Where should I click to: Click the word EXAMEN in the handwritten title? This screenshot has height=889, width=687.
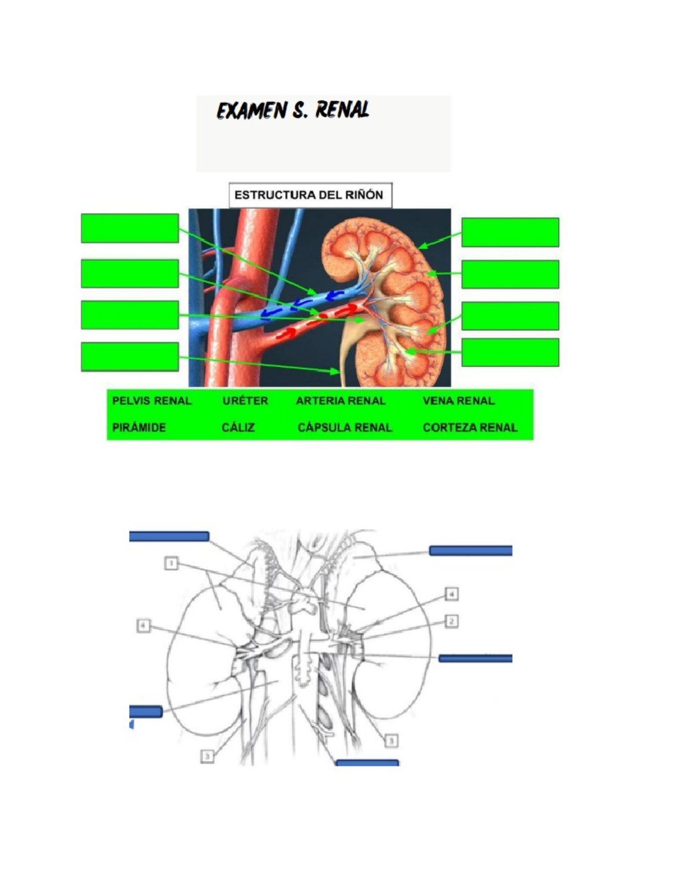click(251, 111)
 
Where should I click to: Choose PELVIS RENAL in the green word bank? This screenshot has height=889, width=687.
click(152, 401)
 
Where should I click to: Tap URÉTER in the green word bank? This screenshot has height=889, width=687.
click(245, 401)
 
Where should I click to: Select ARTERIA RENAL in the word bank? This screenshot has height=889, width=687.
click(341, 401)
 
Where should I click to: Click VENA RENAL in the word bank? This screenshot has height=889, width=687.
click(459, 401)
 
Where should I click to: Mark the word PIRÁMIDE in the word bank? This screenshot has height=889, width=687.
click(139, 428)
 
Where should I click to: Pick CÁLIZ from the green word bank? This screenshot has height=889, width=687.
click(238, 428)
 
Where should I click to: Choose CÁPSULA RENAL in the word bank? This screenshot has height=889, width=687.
click(345, 428)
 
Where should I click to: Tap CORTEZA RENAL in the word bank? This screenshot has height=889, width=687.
click(470, 428)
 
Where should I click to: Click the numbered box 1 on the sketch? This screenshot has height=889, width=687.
click(171, 563)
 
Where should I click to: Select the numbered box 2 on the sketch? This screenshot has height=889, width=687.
click(451, 622)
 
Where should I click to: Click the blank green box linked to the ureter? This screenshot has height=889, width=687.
click(130, 356)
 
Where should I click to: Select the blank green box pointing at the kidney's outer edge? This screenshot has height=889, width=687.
click(510, 232)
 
